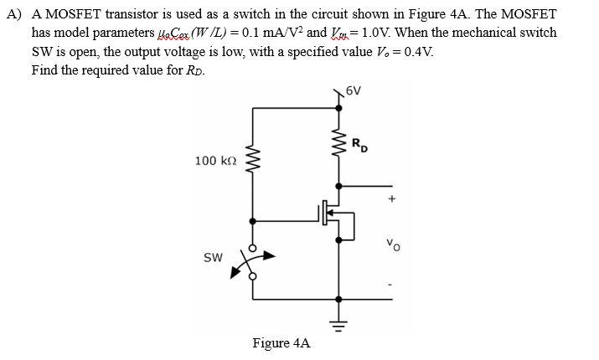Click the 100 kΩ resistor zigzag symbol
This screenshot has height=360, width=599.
[254, 161]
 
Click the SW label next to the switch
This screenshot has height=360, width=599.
[213, 257]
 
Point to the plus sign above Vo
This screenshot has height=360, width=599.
[390, 199]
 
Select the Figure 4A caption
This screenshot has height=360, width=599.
[281, 343]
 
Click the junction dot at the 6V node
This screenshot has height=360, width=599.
[338, 107]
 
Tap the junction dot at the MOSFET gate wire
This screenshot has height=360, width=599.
[254, 221]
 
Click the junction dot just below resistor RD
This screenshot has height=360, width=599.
[338, 186]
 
